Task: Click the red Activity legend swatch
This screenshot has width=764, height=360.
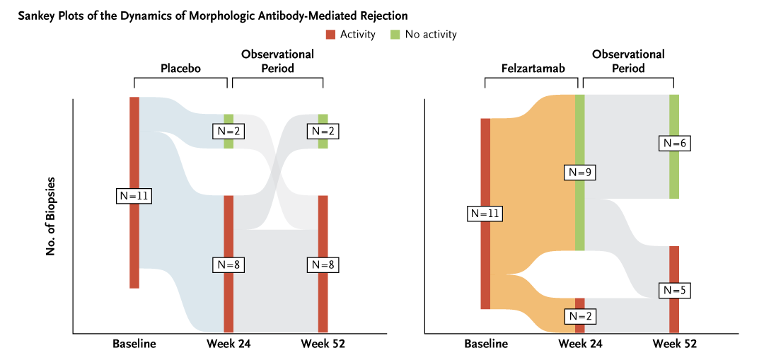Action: click(330, 34)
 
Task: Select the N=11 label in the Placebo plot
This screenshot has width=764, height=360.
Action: click(134, 196)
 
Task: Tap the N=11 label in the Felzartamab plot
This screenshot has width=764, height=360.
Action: click(485, 213)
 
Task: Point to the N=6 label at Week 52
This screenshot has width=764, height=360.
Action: click(674, 143)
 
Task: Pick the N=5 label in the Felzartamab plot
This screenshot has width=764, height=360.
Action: click(674, 290)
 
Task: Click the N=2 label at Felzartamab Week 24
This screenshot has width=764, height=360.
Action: click(580, 315)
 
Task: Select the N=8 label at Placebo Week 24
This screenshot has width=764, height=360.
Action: click(228, 265)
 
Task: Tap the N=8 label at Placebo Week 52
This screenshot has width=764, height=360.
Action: click(323, 265)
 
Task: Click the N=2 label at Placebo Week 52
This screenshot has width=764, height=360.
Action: click(323, 131)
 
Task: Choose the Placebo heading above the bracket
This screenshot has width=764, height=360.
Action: click(180, 69)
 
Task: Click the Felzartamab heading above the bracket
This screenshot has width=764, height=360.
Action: click(531, 69)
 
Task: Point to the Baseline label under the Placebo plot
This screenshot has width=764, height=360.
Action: click(134, 344)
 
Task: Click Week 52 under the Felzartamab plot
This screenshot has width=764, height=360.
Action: click(674, 344)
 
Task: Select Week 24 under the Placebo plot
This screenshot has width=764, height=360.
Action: click(228, 344)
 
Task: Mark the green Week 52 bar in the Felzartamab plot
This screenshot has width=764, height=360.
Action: click(674, 177)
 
